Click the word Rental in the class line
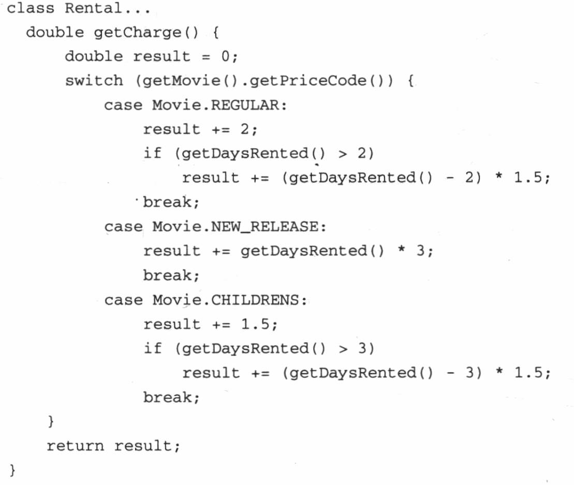[93, 8]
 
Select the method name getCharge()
[146, 33]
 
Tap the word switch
[94, 81]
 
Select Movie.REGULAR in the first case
[216, 105]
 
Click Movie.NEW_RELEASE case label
[236, 227]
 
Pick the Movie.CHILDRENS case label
[226, 300]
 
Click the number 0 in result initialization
[226, 56]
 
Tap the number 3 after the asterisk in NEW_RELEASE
[420, 251]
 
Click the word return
[75, 446]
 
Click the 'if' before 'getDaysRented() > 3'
[152, 348]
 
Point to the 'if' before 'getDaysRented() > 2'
[152, 153]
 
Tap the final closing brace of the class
[12, 470]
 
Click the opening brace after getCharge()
[216, 33]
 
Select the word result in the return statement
[143, 446]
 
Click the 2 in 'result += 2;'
[245, 129]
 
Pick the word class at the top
[31, 8]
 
